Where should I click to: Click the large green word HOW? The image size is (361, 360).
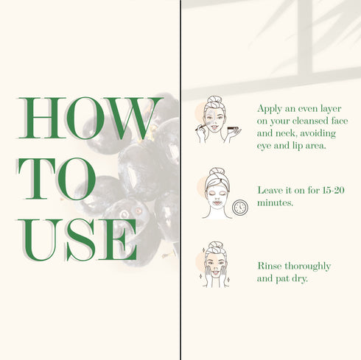[x=90, y=118]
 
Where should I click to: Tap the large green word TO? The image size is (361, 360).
[x=57, y=179]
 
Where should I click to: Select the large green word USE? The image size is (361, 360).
[x=77, y=240]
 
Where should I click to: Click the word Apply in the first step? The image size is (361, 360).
[x=270, y=109]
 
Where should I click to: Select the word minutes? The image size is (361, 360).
[x=275, y=203]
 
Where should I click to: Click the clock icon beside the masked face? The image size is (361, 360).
[x=240, y=208]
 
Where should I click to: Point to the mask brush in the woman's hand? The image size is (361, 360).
[x=201, y=127]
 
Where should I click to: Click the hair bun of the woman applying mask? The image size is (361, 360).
[x=214, y=99]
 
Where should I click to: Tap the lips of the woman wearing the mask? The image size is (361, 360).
[x=217, y=202]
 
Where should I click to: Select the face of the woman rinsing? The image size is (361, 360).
[x=215, y=266]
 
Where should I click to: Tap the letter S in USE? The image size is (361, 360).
[x=80, y=240]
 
